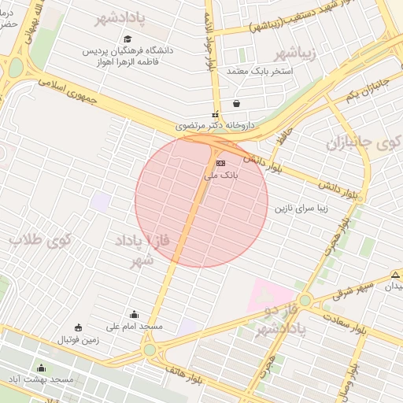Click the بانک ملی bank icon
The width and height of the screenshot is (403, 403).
(x=220, y=163)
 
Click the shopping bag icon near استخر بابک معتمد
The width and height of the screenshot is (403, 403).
(x=236, y=103)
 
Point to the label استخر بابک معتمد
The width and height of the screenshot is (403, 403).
(x=259, y=72)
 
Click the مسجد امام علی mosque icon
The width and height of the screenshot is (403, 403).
(x=133, y=315)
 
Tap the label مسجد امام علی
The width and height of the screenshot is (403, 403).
(x=135, y=326)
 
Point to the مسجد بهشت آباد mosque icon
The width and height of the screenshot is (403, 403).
(x=41, y=368)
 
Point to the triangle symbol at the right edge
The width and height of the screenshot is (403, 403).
(x=395, y=274)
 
